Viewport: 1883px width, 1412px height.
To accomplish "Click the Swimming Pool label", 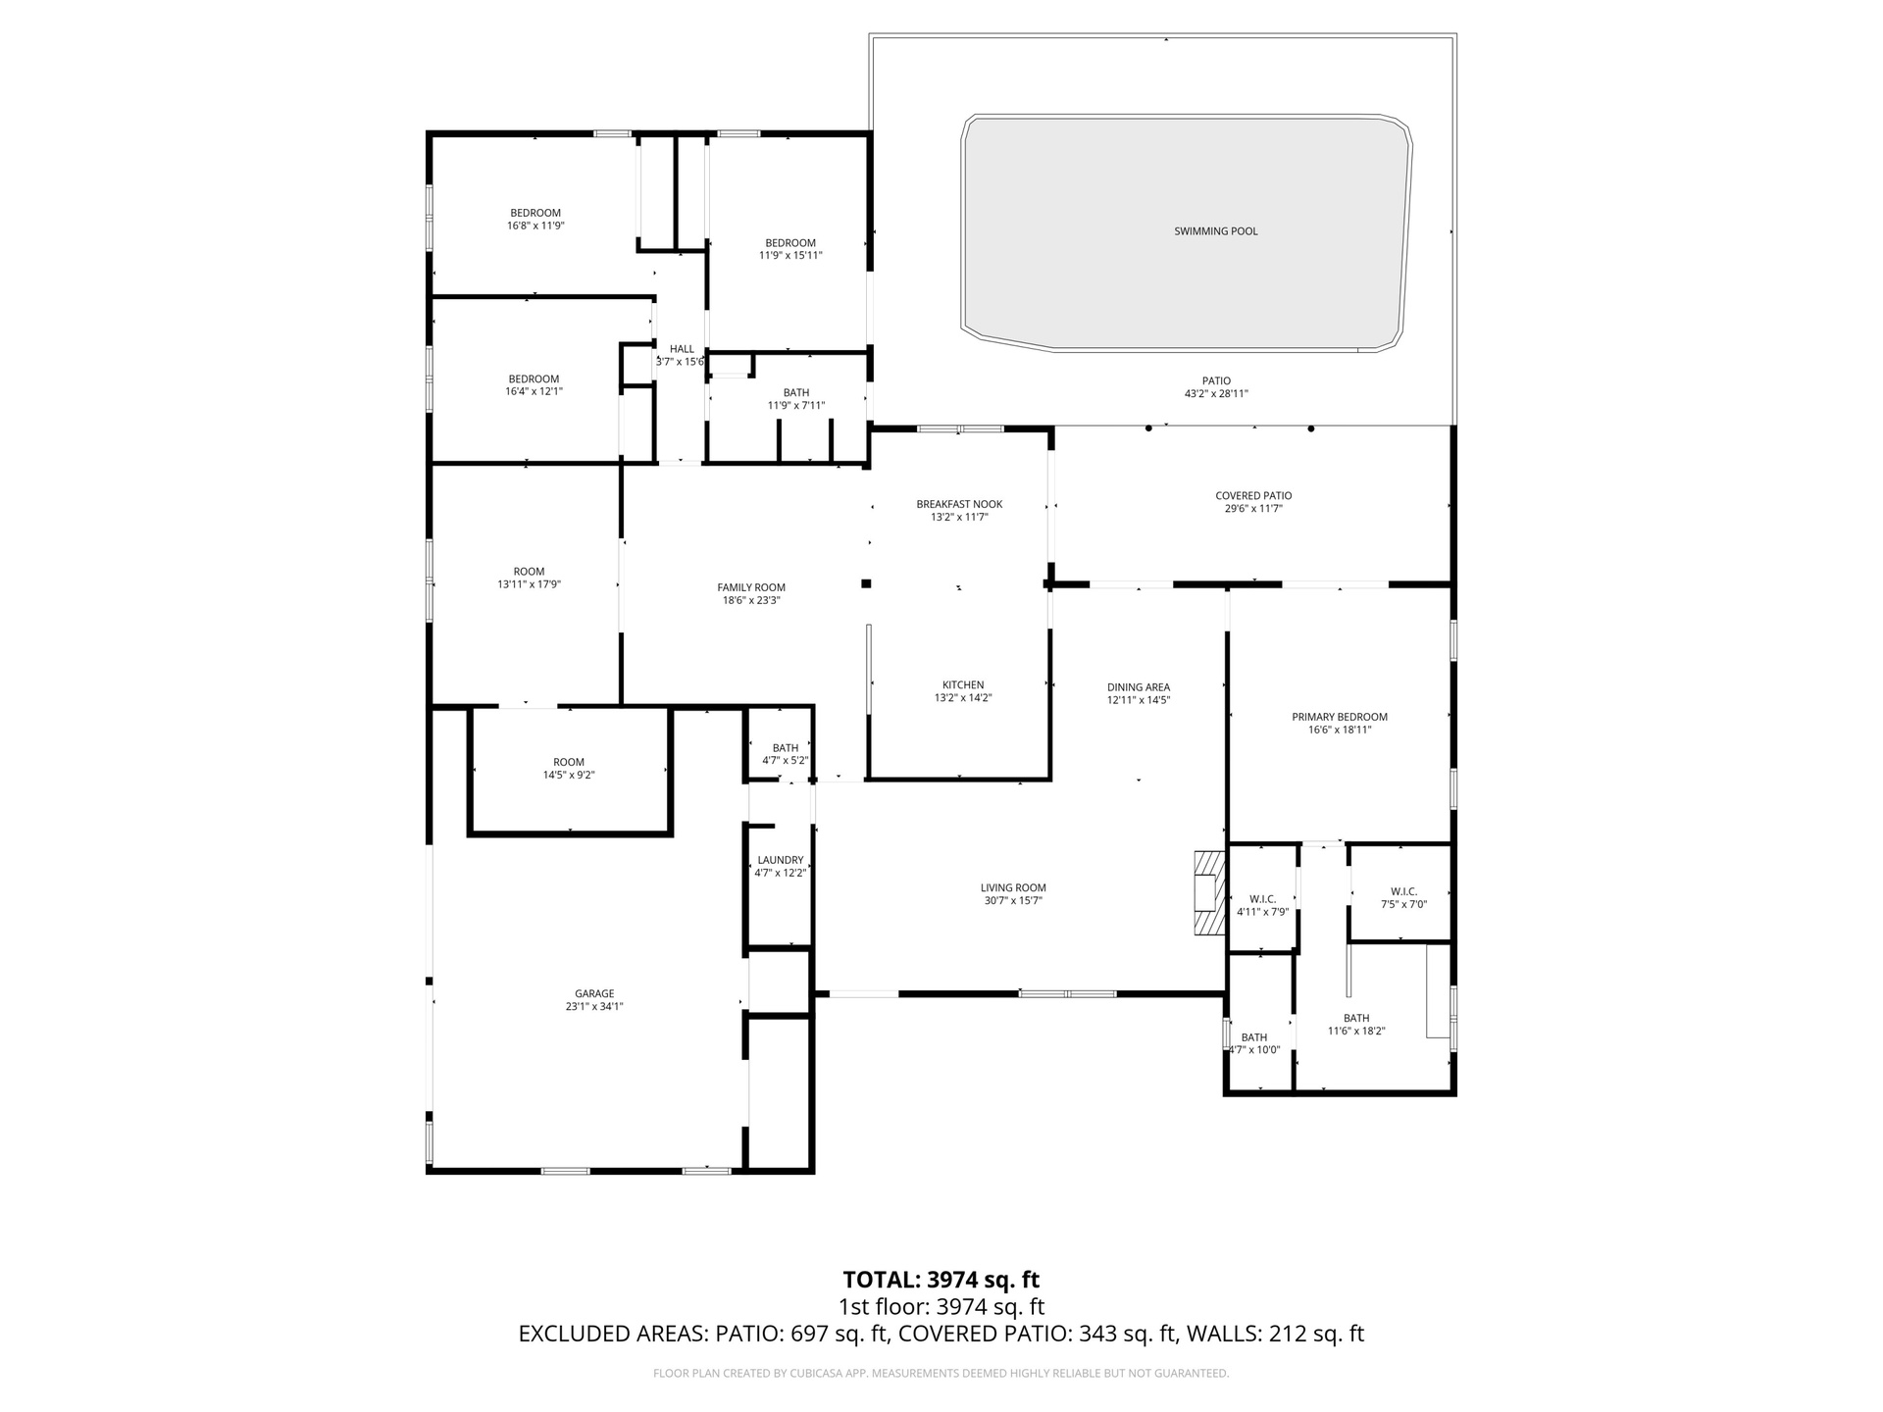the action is click(1216, 231).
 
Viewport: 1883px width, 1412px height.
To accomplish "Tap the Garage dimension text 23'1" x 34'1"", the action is click(594, 1006).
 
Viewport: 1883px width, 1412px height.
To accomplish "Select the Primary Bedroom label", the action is click(1340, 717).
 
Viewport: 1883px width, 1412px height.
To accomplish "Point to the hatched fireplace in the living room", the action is click(1209, 892).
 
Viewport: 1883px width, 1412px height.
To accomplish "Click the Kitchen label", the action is click(963, 685).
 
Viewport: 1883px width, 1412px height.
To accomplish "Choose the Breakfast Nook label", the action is click(959, 504).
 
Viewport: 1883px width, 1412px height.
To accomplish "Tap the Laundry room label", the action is click(781, 860).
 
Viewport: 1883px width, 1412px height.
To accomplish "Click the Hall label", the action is click(682, 349).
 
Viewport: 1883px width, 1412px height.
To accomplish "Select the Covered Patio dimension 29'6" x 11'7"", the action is click(1253, 509).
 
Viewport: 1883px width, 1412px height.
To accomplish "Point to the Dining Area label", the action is click(1139, 687).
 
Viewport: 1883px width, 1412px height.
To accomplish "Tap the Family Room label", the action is click(751, 587).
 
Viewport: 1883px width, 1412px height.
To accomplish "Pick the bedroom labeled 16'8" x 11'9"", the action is click(535, 219).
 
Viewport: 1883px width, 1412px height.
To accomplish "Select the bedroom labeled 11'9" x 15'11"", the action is click(790, 249).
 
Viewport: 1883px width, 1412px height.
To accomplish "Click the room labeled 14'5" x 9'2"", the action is click(569, 768).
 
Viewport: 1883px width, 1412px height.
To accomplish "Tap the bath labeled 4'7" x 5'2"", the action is click(786, 754).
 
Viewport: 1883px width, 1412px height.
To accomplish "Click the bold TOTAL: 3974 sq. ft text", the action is click(941, 1280).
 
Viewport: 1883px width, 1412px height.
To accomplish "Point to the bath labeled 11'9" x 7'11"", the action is click(796, 399).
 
